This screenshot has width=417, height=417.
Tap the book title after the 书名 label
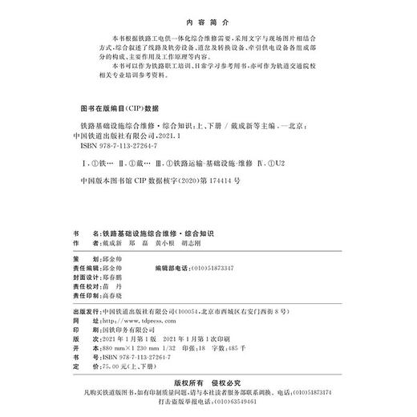point(168,230)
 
